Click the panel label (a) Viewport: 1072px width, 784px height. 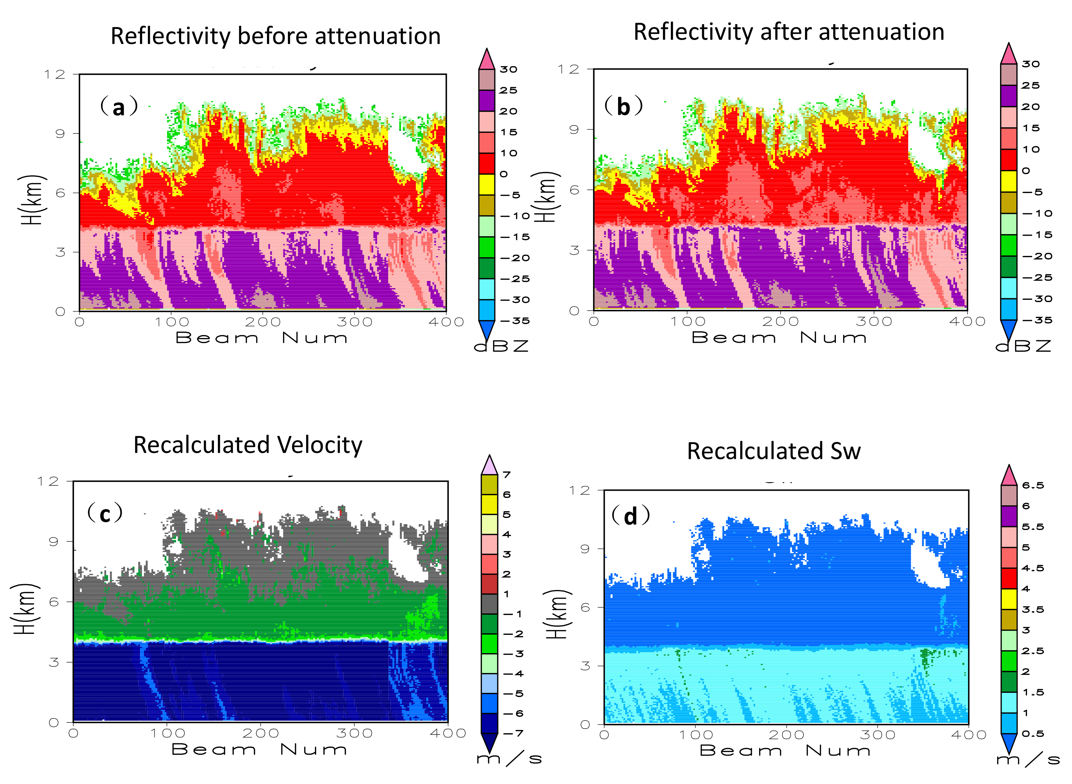[x=119, y=106]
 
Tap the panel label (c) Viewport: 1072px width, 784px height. [x=105, y=513]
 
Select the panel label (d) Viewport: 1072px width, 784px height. [x=630, y=516]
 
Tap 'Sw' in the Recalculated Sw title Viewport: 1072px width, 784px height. [x=845, y=451]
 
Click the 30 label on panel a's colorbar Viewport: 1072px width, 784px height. [x=508, y=69]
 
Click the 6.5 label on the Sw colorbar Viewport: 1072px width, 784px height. [x=1033, y=485]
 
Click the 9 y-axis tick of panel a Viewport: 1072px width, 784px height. [x=60, y=134]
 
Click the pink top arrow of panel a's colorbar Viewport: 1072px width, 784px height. [x=487, y=59]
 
